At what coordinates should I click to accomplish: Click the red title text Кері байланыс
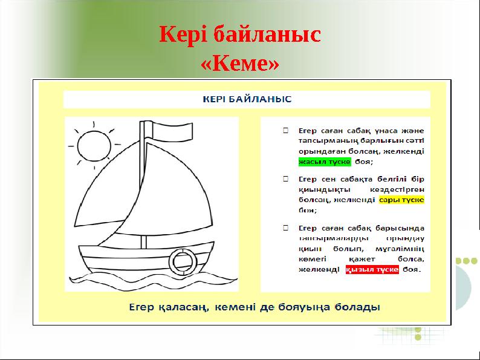(x=240, y=35)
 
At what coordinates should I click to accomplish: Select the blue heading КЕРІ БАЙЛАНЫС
(x=247, y=99)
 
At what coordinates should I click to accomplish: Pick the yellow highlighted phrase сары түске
(x=401, y=200)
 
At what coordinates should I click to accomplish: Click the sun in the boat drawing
(x=94, y=143)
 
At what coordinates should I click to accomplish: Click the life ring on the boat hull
(x=181, y=260)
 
